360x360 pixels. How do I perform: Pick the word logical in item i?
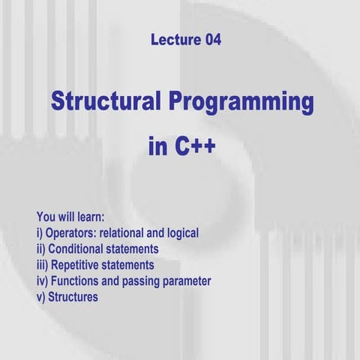pyautogui.click(x=183, y=234)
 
